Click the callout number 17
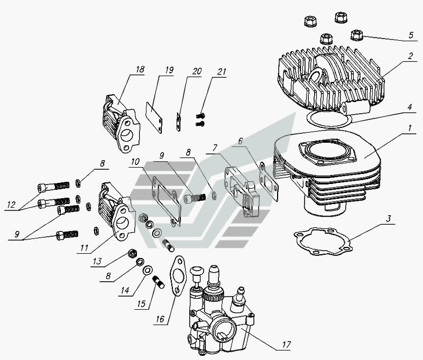click(286, 344)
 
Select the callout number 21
click(222, 72)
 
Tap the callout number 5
click(411, 35)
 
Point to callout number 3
click(388, 218)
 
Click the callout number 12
click(11, 205)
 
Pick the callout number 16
click(160, 319)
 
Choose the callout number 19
click(169, 70)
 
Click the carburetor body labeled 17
click(219, 310)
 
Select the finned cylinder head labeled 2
click(331, 78)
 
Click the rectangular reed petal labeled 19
click(154, 117)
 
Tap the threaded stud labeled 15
click(158, 282)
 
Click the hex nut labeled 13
click(132, 254)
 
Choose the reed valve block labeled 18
click(121, 123)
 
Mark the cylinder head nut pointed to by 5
click(356, 35)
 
